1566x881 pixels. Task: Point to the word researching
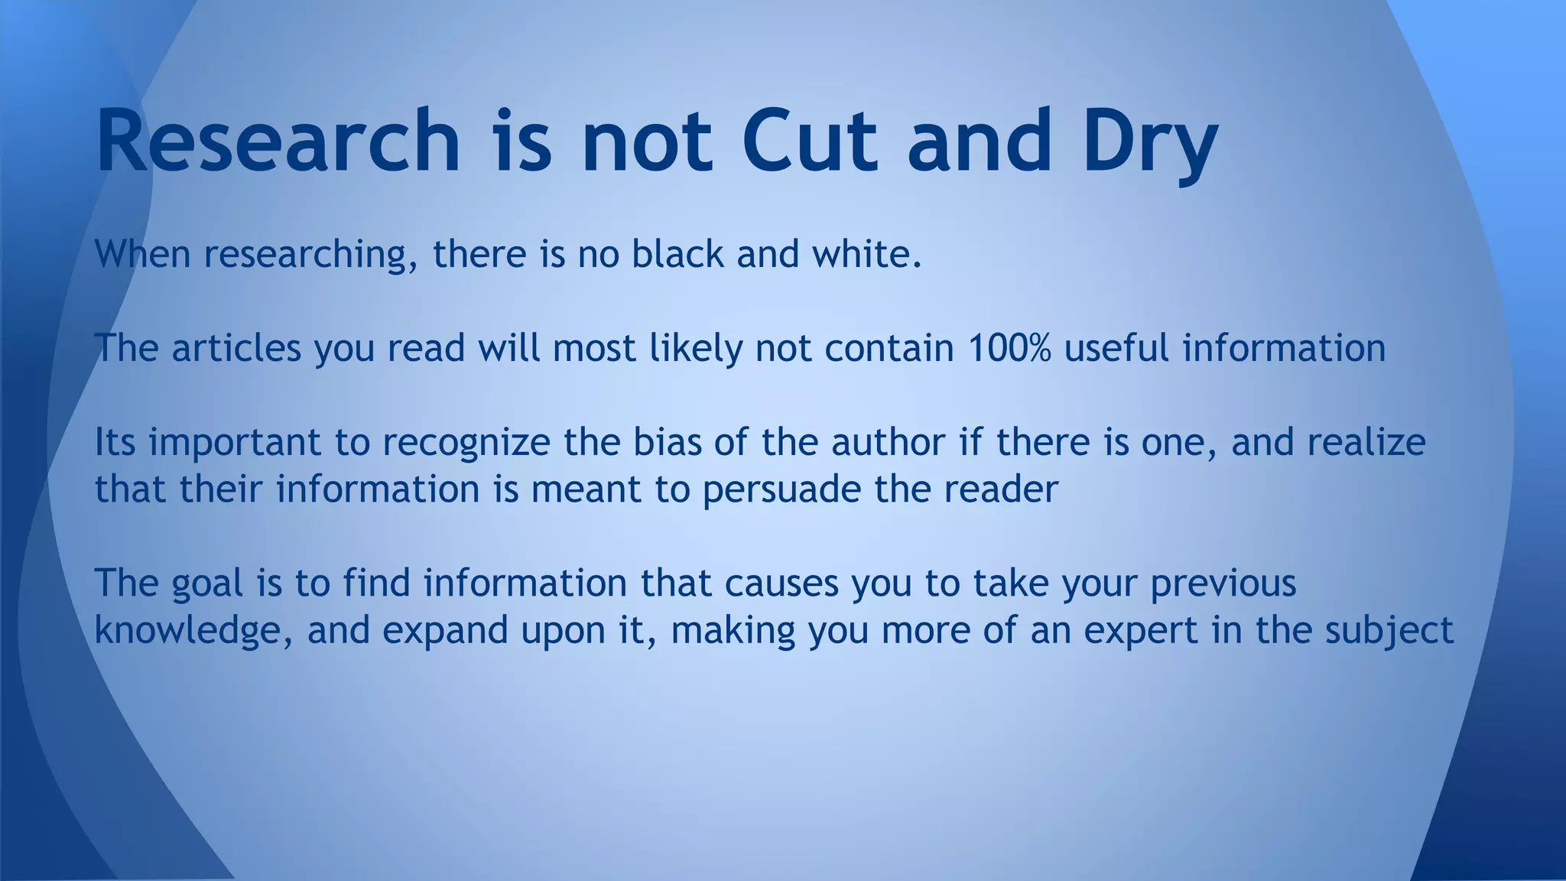coord(310,255)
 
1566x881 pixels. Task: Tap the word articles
coord(236,348)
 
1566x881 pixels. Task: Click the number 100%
coord(1009,348)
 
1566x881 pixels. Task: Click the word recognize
coord(466,444)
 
